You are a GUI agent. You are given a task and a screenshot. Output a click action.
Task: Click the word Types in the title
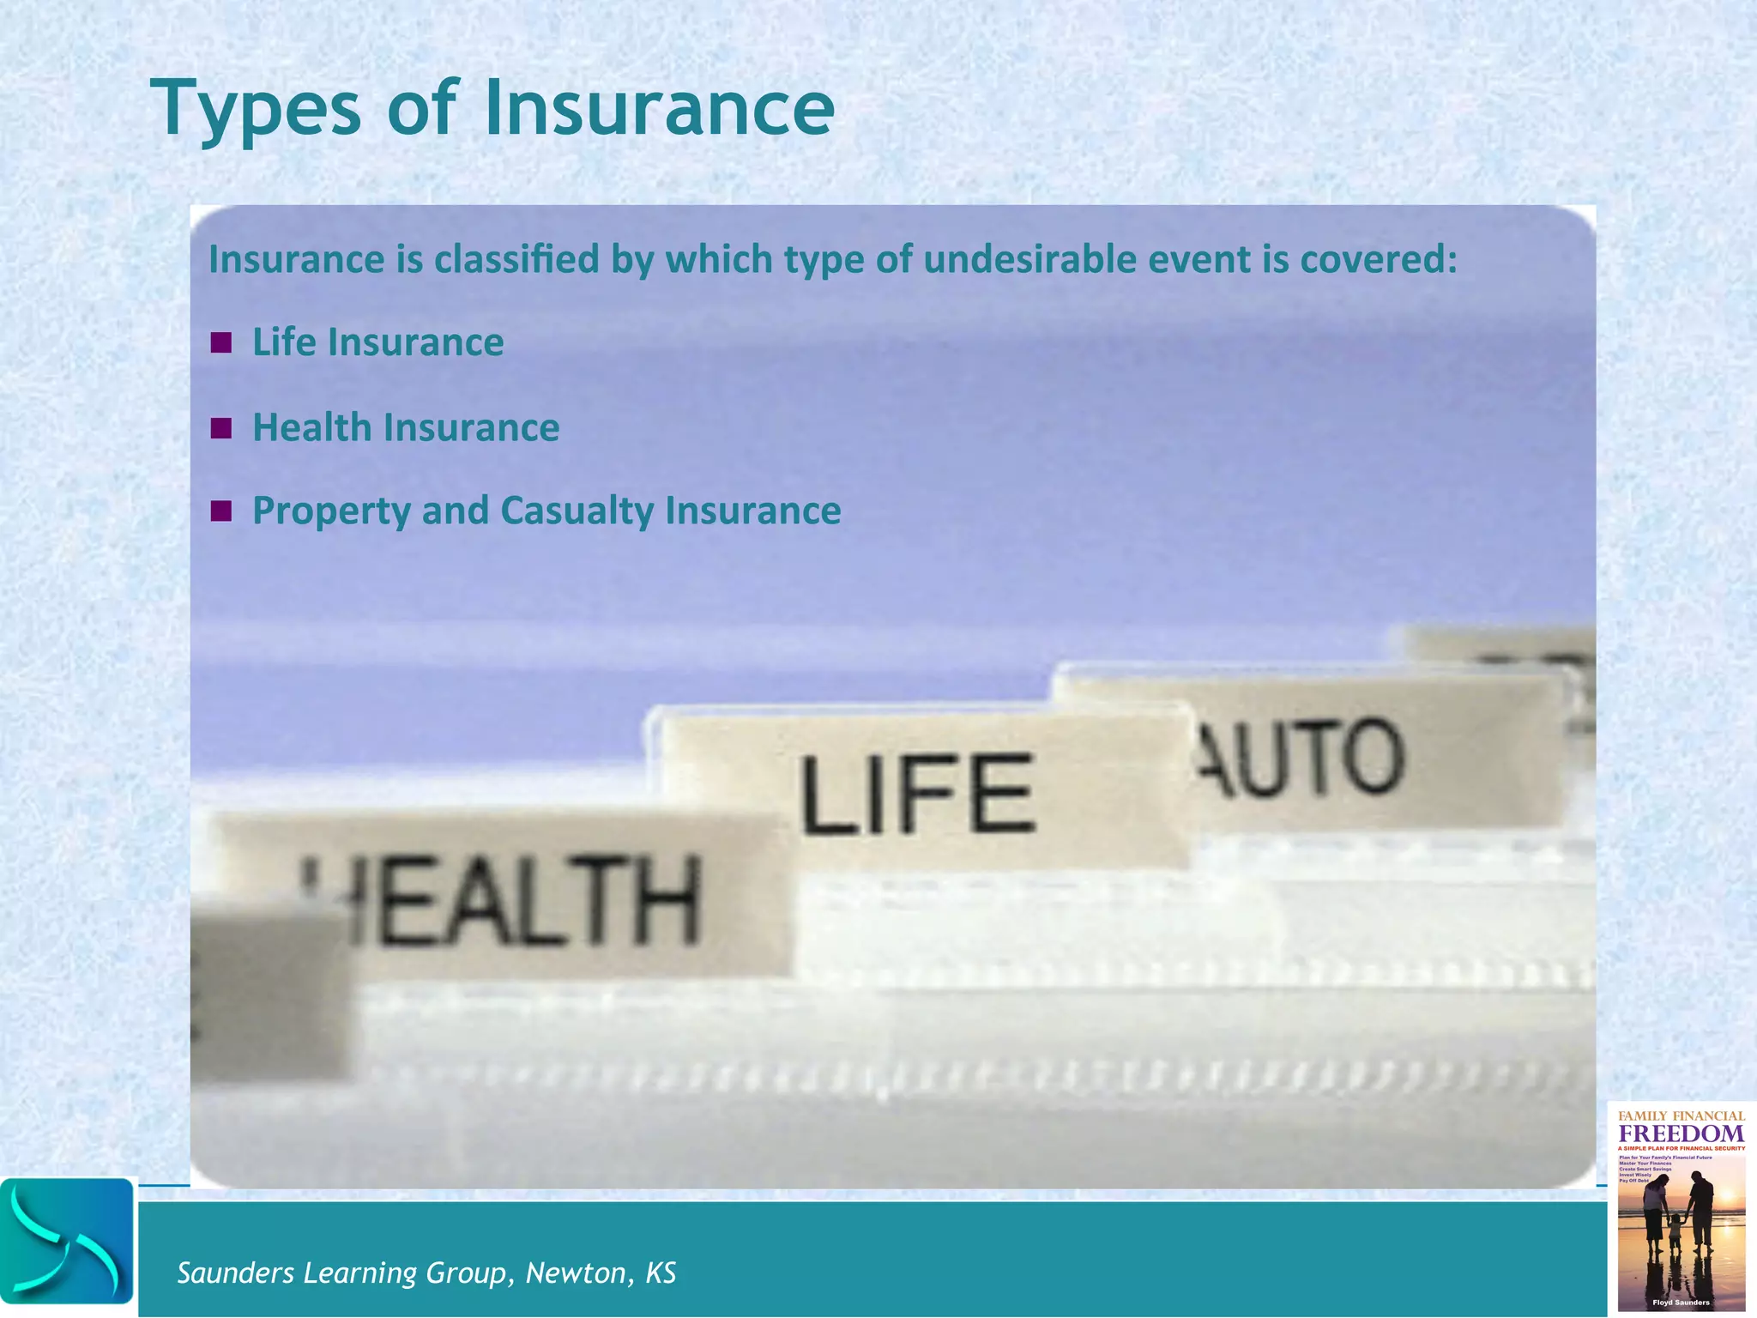[x=256, y=109]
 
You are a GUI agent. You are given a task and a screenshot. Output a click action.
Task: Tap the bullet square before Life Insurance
[x=221, y=343]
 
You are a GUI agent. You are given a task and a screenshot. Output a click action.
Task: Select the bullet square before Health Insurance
[x=221, y=428]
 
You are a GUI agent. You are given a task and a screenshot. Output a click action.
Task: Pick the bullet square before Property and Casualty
[x=221, y=511]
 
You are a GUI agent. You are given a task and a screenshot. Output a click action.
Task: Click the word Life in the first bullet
[x=284, y=342]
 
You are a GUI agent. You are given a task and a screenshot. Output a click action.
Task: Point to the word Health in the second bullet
[x=312, y=427]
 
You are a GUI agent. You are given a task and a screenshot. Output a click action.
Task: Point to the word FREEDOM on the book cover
[x=1681, y=1133]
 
